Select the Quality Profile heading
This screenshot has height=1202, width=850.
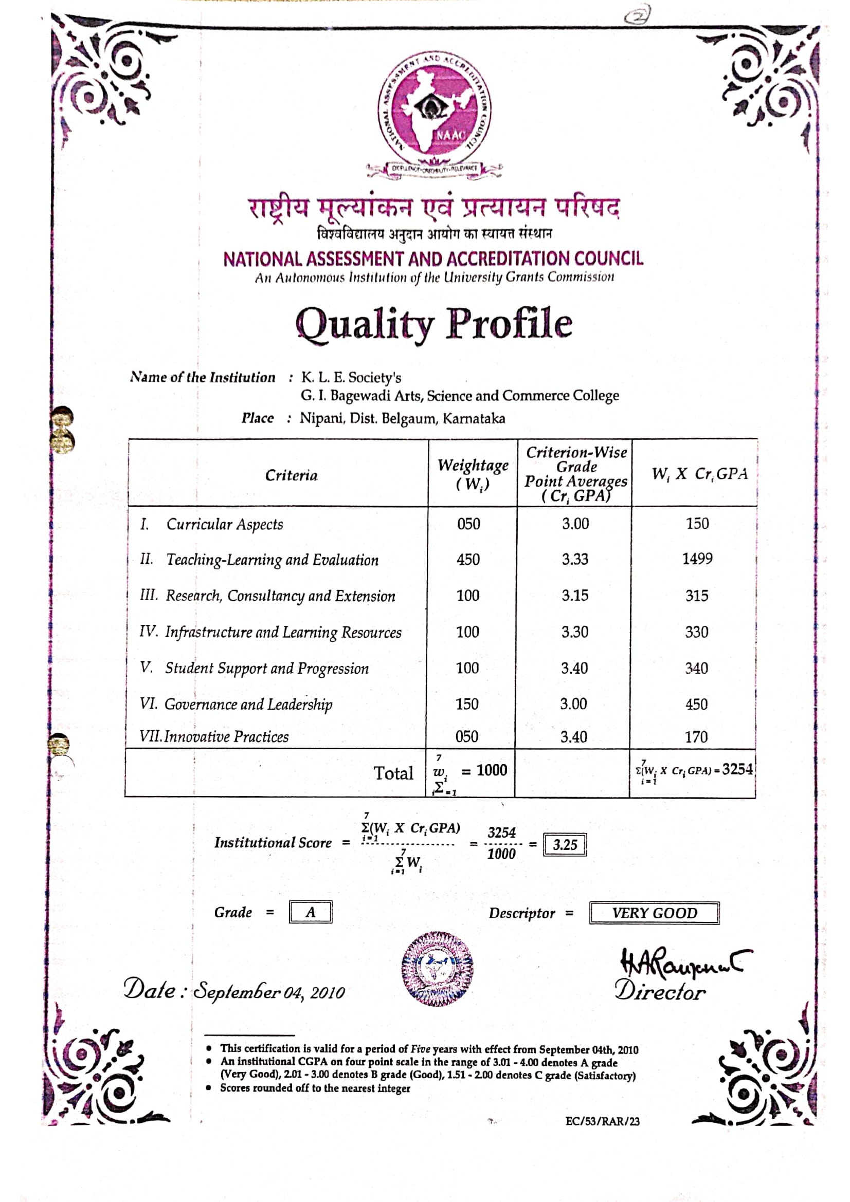[433, 324]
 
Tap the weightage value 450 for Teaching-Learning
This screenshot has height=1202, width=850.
[468, 560]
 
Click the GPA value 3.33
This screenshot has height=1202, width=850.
[575, 559]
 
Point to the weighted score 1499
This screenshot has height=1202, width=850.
[697, 559]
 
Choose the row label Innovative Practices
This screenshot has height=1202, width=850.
[226, 736]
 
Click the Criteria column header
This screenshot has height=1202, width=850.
[291, 475]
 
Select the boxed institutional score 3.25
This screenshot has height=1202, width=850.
[565, 844]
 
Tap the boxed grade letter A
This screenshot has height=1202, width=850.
[311, 913]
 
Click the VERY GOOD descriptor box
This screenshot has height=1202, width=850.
[654, 913]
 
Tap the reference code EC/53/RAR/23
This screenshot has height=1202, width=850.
[602, 1121]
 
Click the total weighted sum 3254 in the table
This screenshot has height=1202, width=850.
[737, 769]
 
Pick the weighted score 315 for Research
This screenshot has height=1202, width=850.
[697, 596]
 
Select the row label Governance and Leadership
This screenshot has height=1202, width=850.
[248, 704]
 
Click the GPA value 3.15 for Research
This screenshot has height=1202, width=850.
[574, 595]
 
